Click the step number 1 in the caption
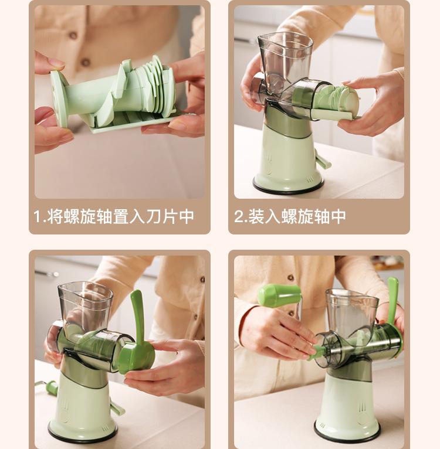pos(38,217)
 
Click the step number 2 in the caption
pos(238,217)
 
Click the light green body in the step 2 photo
pos(287,158)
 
